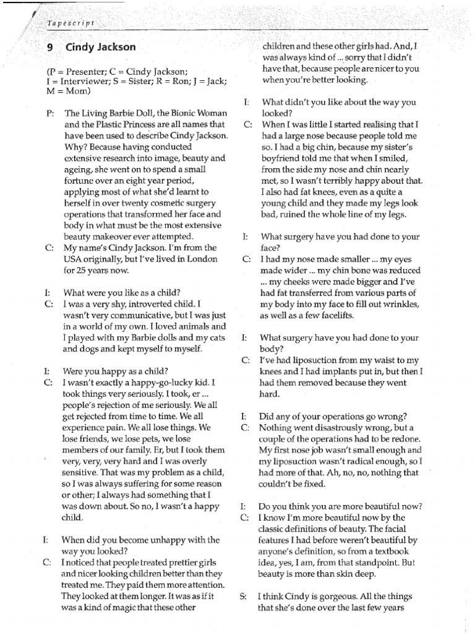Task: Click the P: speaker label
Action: coord(49,114)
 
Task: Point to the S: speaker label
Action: coord(243,597)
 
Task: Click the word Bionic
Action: coord(173,114)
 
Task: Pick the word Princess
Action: coord(132,124)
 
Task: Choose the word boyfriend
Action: coord(281,158)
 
